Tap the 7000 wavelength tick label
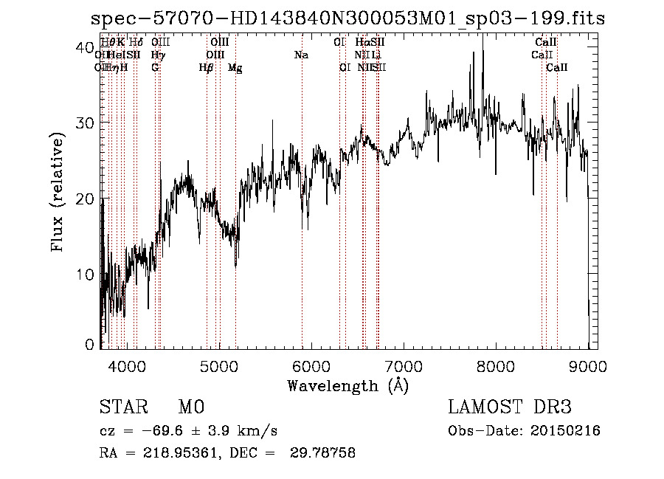tap(403, 365)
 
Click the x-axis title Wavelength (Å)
tap(347, 385)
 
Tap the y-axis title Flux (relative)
tap(58, 193)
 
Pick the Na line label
tap(301, 55)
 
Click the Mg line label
tap(235, 68)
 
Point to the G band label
tap(155, 67)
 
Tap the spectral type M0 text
tap(190, 408)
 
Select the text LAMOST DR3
tap(509, 408)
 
